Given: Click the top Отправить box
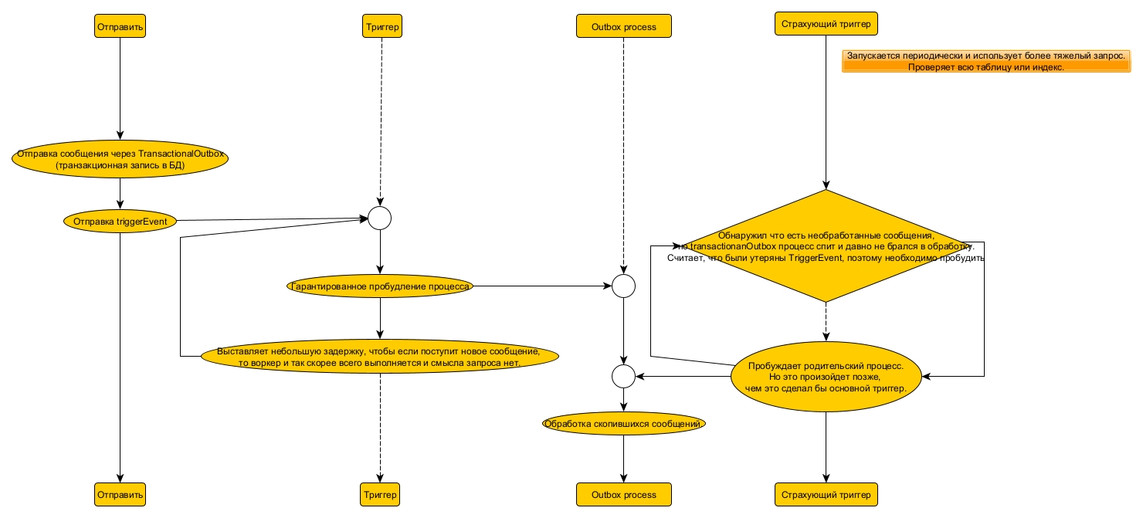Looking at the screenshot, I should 120,26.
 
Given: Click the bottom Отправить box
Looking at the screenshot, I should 120,494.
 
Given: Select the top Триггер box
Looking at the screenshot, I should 380,26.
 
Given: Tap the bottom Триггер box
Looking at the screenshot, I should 380,494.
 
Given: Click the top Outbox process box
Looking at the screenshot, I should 623,26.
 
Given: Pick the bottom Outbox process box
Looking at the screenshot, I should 623,494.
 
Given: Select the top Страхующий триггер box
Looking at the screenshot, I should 826,24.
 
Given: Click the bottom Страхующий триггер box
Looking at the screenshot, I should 826,494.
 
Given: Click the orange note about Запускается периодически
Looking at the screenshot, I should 985,62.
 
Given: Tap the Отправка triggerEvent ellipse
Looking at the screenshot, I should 120,221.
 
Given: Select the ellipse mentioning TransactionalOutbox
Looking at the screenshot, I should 120,159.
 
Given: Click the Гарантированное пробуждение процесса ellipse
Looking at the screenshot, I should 380,286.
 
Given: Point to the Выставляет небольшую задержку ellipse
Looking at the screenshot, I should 380,356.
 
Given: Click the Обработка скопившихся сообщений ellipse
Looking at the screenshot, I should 623,424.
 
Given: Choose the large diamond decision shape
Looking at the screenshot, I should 826,245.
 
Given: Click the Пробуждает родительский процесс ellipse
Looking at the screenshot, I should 826,377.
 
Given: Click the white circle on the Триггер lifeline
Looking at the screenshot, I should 380,218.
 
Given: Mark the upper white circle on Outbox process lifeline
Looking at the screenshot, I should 623,286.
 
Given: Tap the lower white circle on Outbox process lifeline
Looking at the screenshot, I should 623,377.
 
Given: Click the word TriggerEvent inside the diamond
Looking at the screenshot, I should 817,258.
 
